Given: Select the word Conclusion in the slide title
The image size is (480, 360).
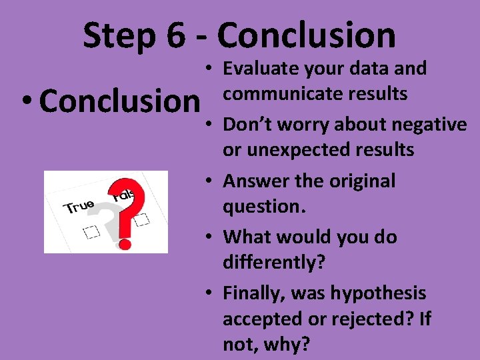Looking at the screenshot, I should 307,36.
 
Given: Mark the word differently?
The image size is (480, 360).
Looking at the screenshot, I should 273,262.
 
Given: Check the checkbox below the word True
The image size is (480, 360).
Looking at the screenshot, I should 91,231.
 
